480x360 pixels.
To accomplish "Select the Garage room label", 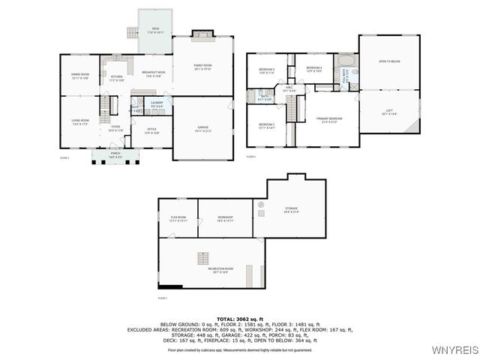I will (202, 128).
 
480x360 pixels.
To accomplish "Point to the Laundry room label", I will (157, 103).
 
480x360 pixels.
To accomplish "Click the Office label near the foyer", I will (151, 130).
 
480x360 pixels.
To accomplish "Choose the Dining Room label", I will (80, 76).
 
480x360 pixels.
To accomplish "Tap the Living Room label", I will (80, 121).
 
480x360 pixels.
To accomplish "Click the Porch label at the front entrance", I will (115, 157).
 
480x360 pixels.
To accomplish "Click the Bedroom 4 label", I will (314, 69).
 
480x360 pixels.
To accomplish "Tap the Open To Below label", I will (388, 61).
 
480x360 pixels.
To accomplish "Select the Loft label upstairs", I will (388, 112).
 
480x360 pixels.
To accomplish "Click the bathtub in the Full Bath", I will (346, 61).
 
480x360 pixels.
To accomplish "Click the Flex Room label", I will (178, 218).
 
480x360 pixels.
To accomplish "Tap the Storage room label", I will (291, 210).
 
